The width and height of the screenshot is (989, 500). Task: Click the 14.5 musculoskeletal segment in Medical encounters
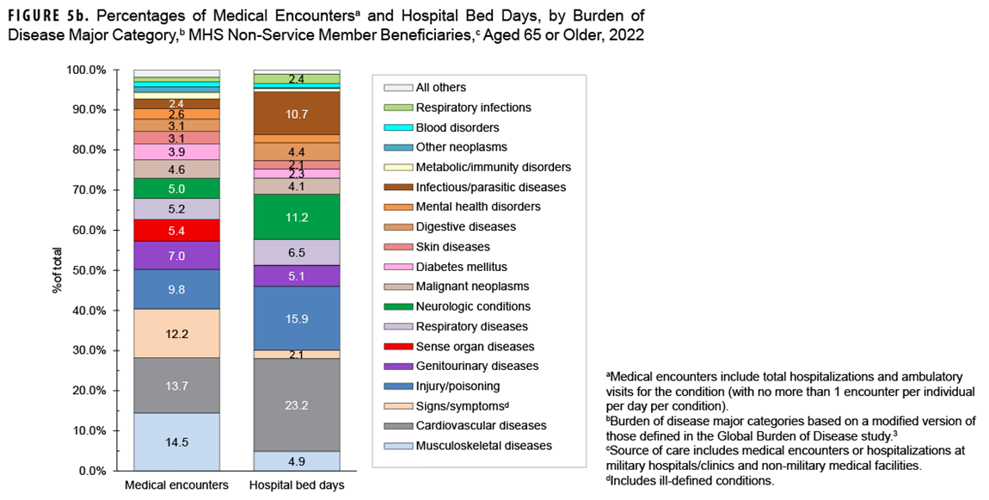click(x=176, y=441)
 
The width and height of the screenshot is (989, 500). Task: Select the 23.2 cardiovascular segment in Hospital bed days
click(x=296, y=404)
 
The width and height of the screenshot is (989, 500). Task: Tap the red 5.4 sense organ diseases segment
click(x=176, y=231)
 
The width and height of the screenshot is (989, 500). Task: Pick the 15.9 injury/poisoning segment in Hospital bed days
click(x=296, y=318)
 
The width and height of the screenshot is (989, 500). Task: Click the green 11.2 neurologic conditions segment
click(x=296, y=217)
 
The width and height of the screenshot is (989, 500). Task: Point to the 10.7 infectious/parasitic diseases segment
click(x=296, y=113)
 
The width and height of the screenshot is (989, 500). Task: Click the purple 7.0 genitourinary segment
click(x=176, y=256)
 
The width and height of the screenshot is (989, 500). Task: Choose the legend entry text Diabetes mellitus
click(x=461, y=267)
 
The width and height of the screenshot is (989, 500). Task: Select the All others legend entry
click(x=440, y=87)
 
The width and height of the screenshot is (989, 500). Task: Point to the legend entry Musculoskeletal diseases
click(x=483, y=446)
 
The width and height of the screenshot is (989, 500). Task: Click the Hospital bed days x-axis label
click(x=296, y=485)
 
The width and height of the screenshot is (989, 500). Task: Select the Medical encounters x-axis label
click(x=176, y=485)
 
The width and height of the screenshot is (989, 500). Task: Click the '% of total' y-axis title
click(x=57, y=270)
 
